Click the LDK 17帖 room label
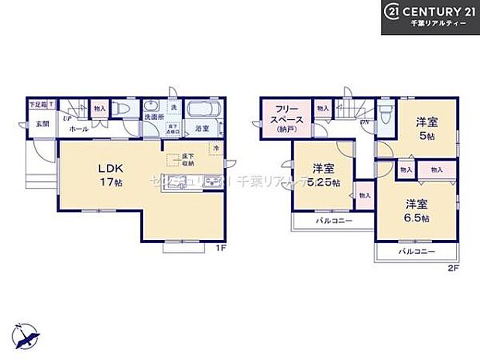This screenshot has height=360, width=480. (x=107, y=176)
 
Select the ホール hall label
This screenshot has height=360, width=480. (x=78, y=130)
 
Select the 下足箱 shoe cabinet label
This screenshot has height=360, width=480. (x=36, y=104)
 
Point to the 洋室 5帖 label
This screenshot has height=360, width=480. (x=427, y=127)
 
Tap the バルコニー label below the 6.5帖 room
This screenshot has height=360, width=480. (x=417, y=252)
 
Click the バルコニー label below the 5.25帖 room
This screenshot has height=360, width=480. (x=334, y=221)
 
